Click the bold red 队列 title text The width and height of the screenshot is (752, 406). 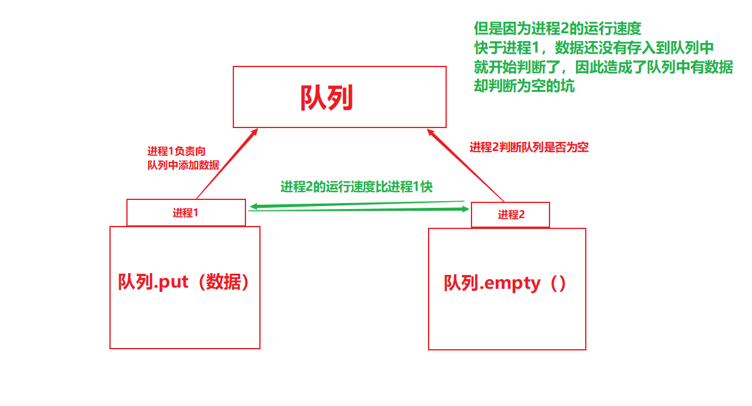pos(326,97)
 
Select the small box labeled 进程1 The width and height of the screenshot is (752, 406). pos(186,213)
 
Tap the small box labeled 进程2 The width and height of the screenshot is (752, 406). pos(510,214)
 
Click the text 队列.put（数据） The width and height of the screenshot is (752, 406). pos(184,282)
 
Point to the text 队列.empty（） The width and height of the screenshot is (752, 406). pos(506,283)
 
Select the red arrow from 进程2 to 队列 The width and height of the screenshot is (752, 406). pos(466,165)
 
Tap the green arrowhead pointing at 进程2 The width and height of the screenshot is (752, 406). pos(465,209)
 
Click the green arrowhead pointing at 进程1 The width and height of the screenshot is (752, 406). pos(254,207)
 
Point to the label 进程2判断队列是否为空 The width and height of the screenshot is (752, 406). pos(529,147)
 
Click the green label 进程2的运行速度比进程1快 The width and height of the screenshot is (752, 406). pos(357,187)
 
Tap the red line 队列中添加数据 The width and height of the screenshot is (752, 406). pos(183,165)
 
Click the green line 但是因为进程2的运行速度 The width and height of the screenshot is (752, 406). pos(557,28)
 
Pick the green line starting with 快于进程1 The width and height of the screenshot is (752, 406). pos(594,48)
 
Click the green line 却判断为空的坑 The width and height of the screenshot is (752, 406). pos(525,86)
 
